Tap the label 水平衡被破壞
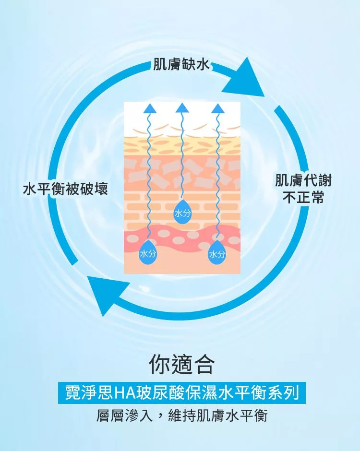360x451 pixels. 66,189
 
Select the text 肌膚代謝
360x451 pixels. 303,181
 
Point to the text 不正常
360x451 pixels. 303,197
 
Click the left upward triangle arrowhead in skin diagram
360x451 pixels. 148,108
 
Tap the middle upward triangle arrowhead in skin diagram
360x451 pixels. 182,108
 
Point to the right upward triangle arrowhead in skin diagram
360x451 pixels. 217,108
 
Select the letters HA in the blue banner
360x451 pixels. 126,393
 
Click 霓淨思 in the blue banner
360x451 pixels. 89,393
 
